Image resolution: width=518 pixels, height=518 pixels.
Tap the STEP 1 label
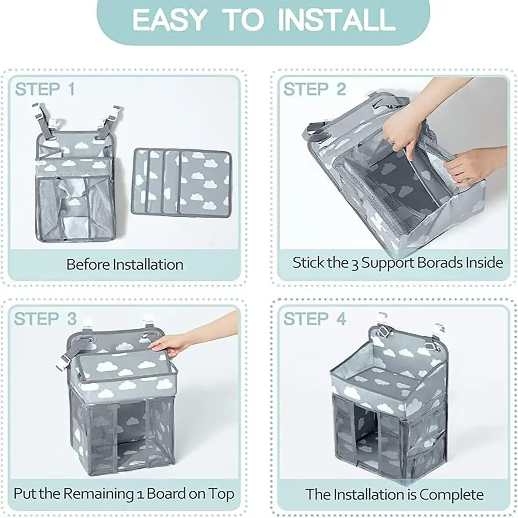[x=45, y=89]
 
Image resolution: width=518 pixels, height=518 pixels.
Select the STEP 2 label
[x=315, y=89]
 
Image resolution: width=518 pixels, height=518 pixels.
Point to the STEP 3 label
[x=45, y=319]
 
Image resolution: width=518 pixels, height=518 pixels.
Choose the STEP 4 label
[x=315, y=319]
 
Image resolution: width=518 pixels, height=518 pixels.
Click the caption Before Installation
[x=125, y=265]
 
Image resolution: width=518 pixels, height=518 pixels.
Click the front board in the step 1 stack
[x=205, y=183]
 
